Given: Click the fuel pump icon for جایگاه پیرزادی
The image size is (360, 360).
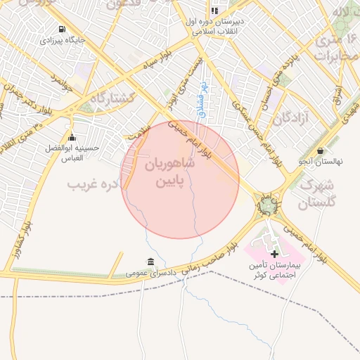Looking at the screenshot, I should [63, 30].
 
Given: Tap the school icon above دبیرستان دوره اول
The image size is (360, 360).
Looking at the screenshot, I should [214, 11].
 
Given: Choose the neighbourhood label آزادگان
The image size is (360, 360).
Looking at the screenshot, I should [292, 118].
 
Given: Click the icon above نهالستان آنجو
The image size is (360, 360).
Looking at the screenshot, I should [321, 150].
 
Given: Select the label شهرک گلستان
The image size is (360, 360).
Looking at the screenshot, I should [323, 195].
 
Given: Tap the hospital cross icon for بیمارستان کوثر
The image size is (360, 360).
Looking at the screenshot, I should [274, 253].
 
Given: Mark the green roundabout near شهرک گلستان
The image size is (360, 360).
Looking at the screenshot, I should [269, 206].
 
